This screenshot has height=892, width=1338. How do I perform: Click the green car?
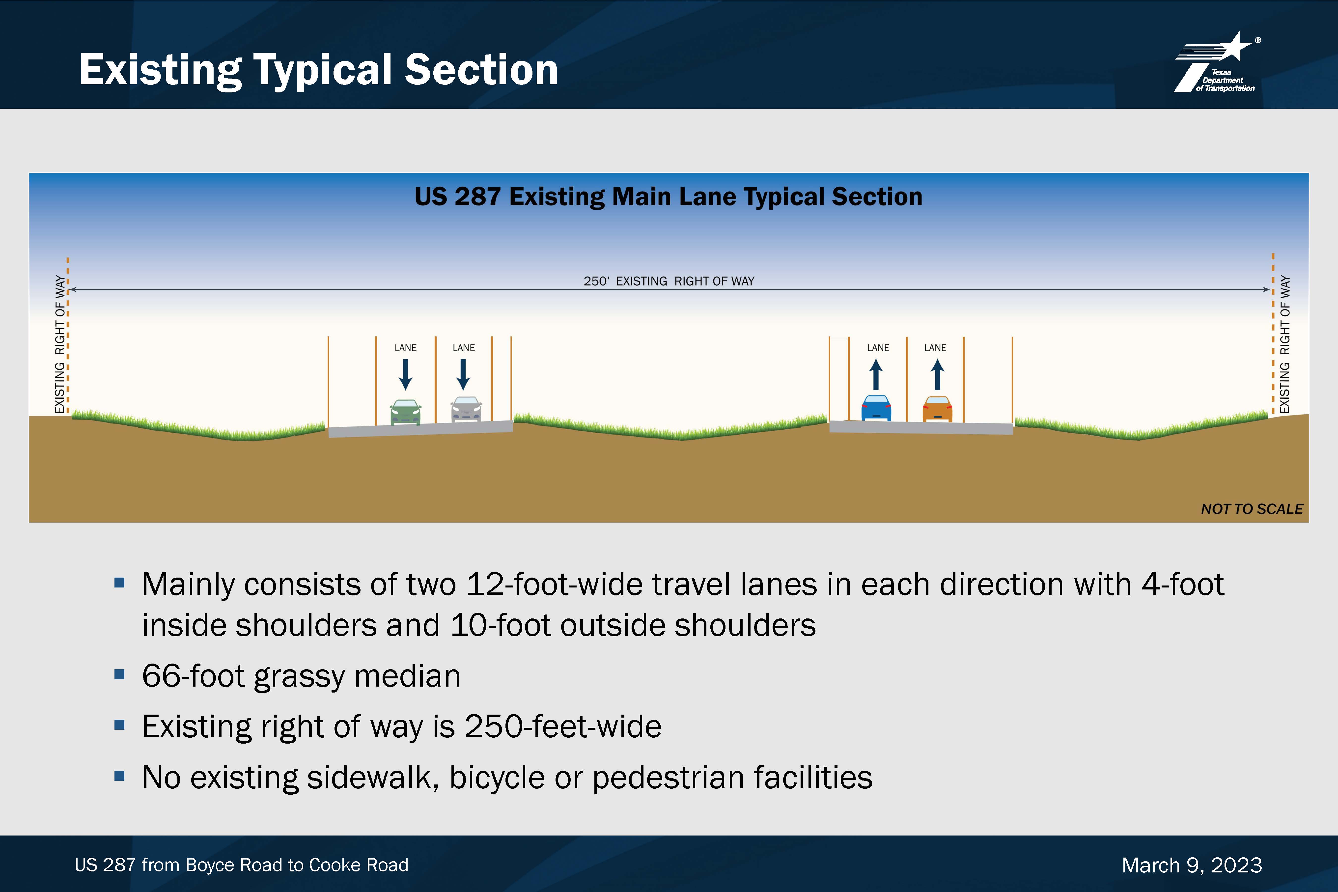coord(406,413)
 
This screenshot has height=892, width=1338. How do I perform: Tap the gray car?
coord(466,410)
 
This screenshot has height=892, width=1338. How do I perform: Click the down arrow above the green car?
coord(406,374)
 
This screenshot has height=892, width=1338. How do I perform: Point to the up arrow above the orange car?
coord(937,374)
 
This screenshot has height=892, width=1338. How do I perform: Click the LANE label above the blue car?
coord(878,348)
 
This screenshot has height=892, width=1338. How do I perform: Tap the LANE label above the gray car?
coord(464,348)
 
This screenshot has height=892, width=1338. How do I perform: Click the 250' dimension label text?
coord(669,281)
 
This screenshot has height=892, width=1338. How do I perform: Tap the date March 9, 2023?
coord(1192,865)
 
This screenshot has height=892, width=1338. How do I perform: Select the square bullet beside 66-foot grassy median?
coord(119,674)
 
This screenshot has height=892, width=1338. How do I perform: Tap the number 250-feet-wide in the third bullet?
coord(563,726)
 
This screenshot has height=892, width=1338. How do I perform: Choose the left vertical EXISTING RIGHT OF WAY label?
coord(60,344)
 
